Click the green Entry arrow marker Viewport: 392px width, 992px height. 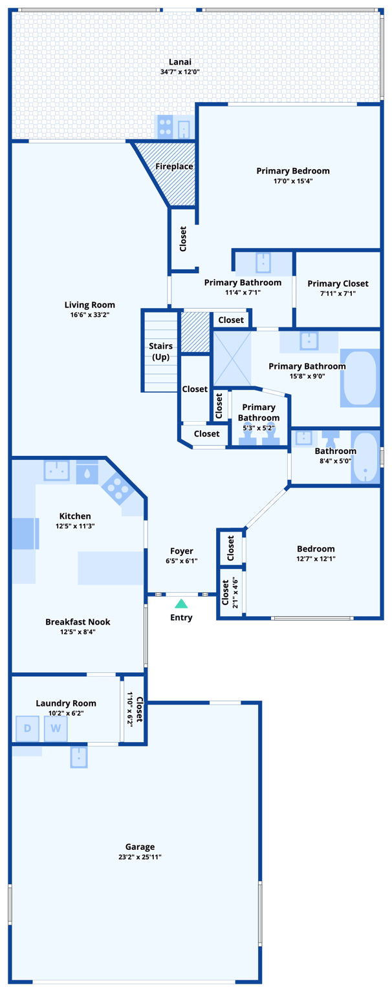pos(182,604)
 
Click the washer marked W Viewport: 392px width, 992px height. pos(56,728)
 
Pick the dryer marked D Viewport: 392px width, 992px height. pos(27,728)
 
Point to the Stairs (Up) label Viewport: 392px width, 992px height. pos(160,351)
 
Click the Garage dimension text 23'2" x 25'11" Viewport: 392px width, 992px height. pos(140,857)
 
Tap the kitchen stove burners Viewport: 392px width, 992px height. pos(117,488)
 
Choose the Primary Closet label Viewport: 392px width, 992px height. pos(338,284)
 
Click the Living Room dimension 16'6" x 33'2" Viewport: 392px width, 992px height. pos(89,315)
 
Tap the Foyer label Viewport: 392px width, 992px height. pos(182,551)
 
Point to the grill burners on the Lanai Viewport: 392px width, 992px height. pos(165,127)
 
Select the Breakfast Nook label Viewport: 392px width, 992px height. pos(78,622)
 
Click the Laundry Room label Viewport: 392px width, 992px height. pos(66,703)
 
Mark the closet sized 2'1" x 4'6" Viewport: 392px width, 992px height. pos(230,593)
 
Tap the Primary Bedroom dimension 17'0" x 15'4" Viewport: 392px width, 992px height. pos(293,181)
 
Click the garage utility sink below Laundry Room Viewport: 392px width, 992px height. pos(79,757)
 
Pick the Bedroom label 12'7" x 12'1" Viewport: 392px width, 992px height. pos(316,549)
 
